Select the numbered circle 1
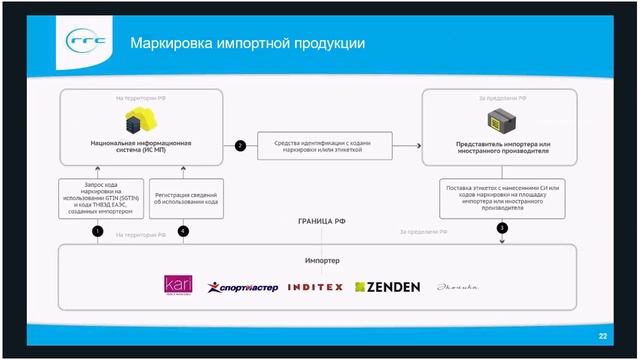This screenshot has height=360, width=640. pyautogui.click(x=98, y=232)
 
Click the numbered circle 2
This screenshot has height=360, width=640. pyautogui.click(x=240, y=146)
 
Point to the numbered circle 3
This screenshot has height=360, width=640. pyautogui.click(x=502, y=228)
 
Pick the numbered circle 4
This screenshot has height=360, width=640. pyautogui.click(x=182, y=232)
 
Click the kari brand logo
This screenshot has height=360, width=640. pyautogui.click(x=178, y=285)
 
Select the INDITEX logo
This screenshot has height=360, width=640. pyautogui.click(x=315, y=287)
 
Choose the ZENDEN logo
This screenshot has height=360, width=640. pyautogui.click(x=388, y=287)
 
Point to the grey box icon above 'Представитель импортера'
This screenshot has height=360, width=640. pyautogui.click(x=500, y=124)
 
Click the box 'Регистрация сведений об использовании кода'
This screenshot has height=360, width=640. pyautogui.click(x=183, y=195)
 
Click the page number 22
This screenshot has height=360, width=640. pyautogui.click(x=602, y=336)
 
